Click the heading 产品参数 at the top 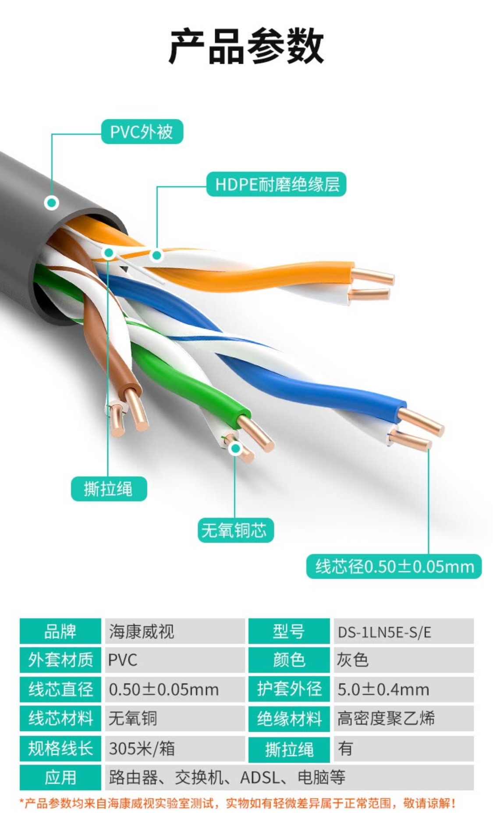point(246,46)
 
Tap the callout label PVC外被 point(142,131)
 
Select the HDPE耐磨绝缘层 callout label point(277,184)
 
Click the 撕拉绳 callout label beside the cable point(109,489)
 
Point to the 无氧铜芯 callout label point(235,530)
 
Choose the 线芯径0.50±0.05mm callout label point(394,566)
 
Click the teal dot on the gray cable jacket point(52,202)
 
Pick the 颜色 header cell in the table point(289,660)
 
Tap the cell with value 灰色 point(404,660)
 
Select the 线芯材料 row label point(60,719)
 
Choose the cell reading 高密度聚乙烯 point(404,719)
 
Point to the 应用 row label point(60,778)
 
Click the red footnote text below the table point(237,803)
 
